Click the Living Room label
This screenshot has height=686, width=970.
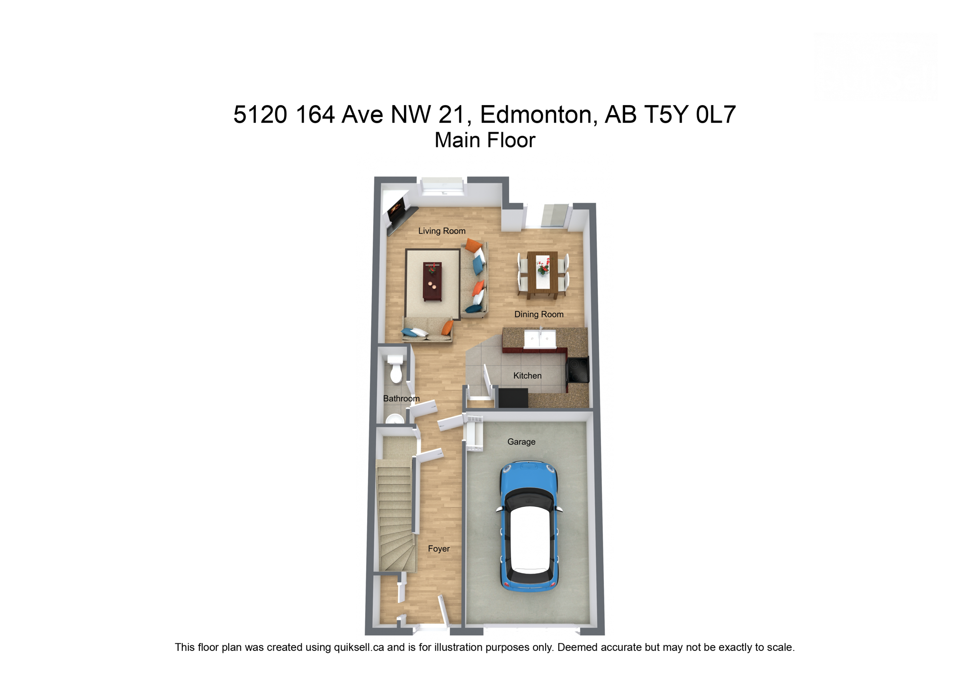coord(441,231)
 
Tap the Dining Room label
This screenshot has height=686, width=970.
coord(539,315)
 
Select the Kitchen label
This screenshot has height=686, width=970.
coord(527,376)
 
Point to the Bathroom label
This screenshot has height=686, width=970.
coord(401,398)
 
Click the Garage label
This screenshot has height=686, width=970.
coord(521,442)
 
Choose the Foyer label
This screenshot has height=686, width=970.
coord(439,549)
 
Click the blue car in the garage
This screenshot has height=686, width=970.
coord(529,526)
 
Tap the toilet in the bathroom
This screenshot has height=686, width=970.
coord(395,369)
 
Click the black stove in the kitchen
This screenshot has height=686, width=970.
coord(578,370)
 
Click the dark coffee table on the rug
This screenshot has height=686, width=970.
coord(432,281)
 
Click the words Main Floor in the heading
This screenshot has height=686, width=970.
coord(485,140)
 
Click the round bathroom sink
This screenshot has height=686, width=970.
coord(395,420)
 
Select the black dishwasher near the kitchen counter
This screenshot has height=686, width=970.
coord(513,398)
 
